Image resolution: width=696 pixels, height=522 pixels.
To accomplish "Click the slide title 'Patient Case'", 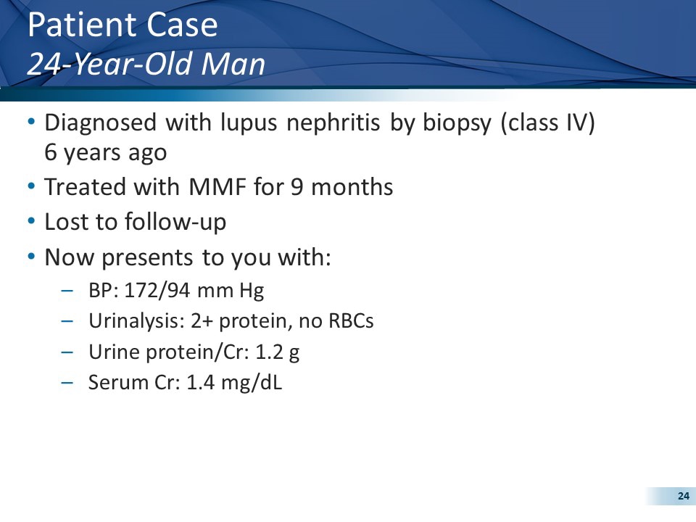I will (122, 26).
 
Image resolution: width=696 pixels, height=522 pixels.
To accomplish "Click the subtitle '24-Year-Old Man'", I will (145, 65).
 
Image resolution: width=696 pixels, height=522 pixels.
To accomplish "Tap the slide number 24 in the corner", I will (682, 496).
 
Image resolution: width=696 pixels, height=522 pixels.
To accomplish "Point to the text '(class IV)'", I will (547, 123).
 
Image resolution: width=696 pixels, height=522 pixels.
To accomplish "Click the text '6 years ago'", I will (106, 153).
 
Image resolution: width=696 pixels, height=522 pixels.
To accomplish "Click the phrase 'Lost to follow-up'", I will (136, 222).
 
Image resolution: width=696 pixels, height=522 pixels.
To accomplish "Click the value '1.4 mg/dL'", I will (233, 383).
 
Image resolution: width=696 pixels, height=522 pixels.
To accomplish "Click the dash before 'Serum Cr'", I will (67, 383).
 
